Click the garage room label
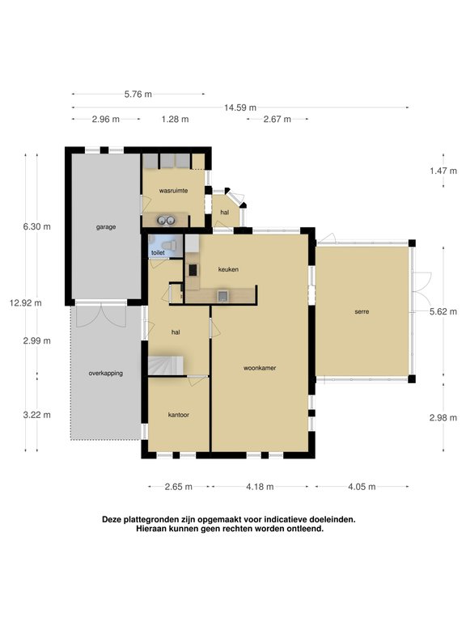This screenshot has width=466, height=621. tap(106, 227)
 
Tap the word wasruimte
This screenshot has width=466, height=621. tap(173, 191)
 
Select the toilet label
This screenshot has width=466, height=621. tap(158, 252)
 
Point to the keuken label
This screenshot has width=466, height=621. tap(228, 269)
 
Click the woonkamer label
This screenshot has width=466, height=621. tap(260, 368)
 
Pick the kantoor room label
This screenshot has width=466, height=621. tap(178, 415)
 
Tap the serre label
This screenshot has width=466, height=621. tap(362, 311)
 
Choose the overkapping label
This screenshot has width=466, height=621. tap(106, 373)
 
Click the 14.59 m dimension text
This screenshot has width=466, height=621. tap(240, 108)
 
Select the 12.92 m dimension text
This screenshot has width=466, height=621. tap(26, 303)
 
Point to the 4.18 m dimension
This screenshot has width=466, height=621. tap(260, 486)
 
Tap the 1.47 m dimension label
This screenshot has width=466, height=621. tap(443, 171)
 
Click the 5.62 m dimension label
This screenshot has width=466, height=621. tap(443, 311)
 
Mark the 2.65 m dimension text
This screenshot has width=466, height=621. tap(179, 486)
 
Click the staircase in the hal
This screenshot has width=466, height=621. tap(166, 365)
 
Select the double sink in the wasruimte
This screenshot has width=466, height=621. tap(166, 220)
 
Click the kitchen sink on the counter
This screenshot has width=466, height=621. tap(222, 295)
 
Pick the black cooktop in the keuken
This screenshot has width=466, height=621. tap(193, 270)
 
